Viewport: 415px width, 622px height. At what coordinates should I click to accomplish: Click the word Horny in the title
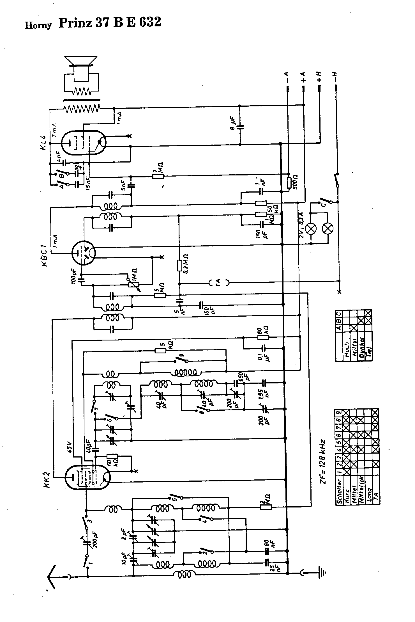click(x=38, y=25)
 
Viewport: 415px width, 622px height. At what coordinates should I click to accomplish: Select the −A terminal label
click(x=287, y=76)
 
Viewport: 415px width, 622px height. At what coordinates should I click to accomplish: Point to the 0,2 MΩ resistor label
click(x=185, y=264)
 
